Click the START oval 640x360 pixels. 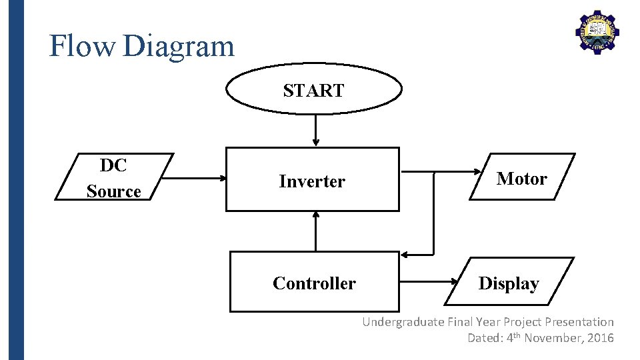click(x=314, y=90)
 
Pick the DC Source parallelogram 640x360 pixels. click(x=114, y=177)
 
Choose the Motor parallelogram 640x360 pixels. click(x=521, y=177)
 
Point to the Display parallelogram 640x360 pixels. click(x=509, y=283)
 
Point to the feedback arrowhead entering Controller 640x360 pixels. click(x=406, y=255)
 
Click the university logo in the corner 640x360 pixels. click(x=597, y=32)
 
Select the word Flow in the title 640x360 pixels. click(x=83, y=47)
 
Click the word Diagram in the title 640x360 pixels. click(x=179, y=47)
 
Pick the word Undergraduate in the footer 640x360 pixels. click(x=402, y=322)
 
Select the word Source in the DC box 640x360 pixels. click(x=113, y=191)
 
